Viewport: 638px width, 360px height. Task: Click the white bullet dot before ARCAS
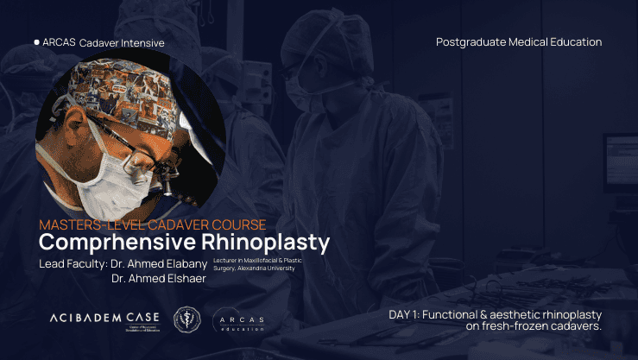[36, 41]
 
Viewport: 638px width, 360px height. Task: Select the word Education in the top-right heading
[575, 41]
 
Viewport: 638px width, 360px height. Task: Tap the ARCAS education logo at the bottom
[239, 320]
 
